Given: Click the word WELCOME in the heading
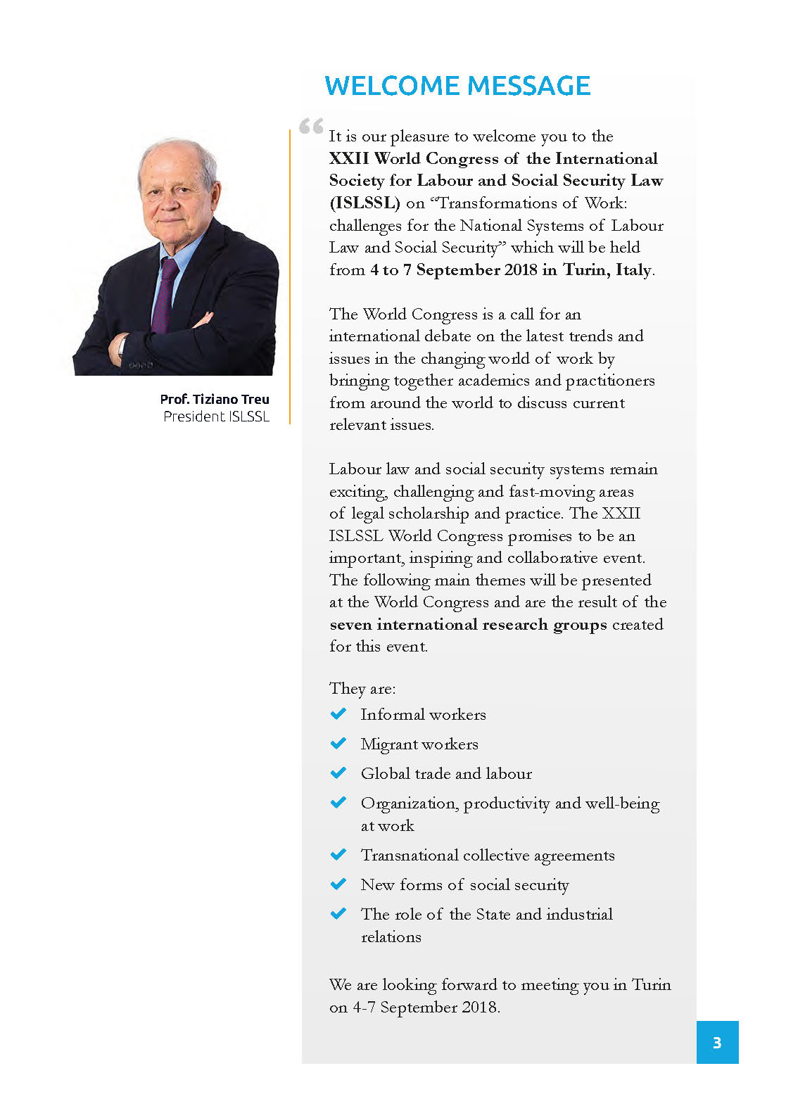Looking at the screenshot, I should pyautogui.click(x=392, y=86).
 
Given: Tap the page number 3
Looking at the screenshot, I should pyautogui.click(x=717, y=1043).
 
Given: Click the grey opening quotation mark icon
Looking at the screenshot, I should pyautogui.click(x=311, y=127).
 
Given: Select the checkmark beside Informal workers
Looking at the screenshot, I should pyautogui.click(x=338, y=714).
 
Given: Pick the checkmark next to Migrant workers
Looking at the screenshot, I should pyautogui.click(x=338, y=744).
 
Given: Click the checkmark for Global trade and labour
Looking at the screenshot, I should pyautogui.click(x=338, y=773).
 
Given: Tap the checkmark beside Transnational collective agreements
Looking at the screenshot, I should pyautogui.click(x=338, y=855).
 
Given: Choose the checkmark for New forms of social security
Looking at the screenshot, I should pyautogui.click(x=338, y=884).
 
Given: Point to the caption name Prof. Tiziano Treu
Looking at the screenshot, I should pyautogui.click(x=215, y=399).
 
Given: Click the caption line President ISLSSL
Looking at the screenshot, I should pyautogui.click(x=216, y=417).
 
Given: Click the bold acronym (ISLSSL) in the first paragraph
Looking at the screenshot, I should pyautogui.click(x=365, y=203).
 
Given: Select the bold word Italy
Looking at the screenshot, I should pyautogui.click(x=633, y=270).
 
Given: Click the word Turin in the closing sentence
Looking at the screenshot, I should pyautogui.click(x=651, y=985).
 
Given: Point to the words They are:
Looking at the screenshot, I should pyautogui.click(x=362, y=688).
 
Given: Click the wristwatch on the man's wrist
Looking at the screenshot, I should pyautogui.click(x=122, y=345).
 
